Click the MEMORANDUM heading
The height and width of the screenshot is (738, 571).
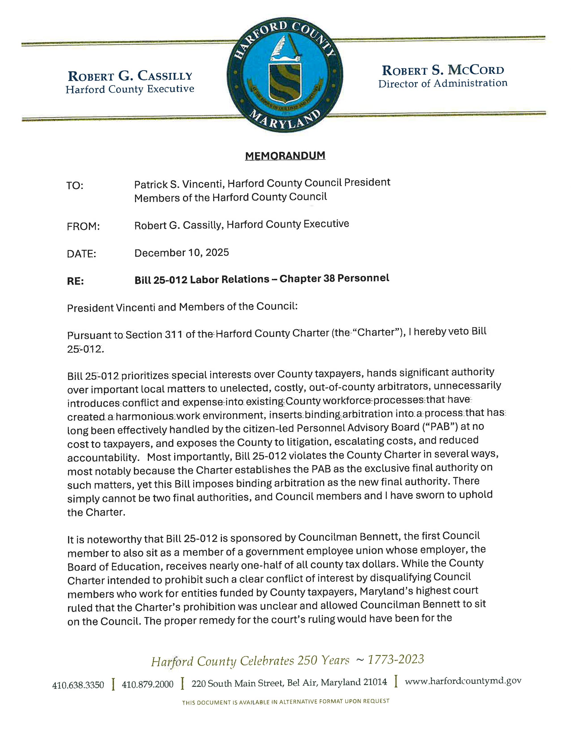coord(285,156)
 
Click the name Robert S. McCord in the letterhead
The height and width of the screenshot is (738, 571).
coord(443,70)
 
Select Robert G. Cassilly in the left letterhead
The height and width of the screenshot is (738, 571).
coord(130,76)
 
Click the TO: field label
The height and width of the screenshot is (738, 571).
coord(75,186)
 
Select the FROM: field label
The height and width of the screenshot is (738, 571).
coord(83,227)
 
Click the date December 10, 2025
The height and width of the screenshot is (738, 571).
coord(182,253)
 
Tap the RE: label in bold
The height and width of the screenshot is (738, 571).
coord(75,281)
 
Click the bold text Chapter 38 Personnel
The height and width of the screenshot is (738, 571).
coord(334,278)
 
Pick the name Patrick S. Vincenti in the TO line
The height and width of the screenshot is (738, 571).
coord(179,184)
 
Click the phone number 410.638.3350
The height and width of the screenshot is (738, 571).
coord(78,685)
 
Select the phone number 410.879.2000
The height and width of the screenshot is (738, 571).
coord(148,685)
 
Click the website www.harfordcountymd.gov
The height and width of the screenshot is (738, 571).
coord(463,681)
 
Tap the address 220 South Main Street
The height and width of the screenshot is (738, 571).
coord(237,683)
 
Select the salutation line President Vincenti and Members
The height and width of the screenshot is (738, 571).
coord(182,307)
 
